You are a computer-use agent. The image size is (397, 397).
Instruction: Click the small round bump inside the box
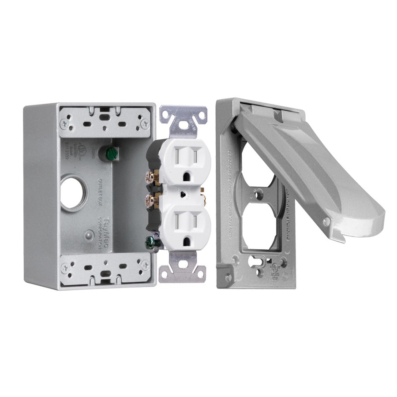tap(90, 235)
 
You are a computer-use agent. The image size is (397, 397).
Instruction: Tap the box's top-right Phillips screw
tap(144, 124)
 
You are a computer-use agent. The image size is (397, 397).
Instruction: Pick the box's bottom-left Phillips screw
tap(66, 268)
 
